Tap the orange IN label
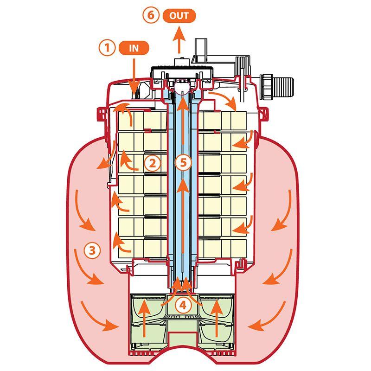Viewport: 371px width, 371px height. [x=134, y=48]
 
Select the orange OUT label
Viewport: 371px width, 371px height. [x=179, y=15]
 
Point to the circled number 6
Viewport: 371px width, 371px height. [x=151, y=15]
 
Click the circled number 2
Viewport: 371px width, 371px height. [x=152, y=162]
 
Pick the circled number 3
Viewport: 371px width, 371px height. [x=92, y=250]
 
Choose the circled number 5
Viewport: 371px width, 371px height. [x=184, y=162]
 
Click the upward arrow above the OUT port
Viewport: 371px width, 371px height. [x=179, y=39]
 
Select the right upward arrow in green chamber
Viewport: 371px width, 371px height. [x=217, y=318]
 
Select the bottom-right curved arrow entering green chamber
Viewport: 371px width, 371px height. [x=264, y=315]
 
